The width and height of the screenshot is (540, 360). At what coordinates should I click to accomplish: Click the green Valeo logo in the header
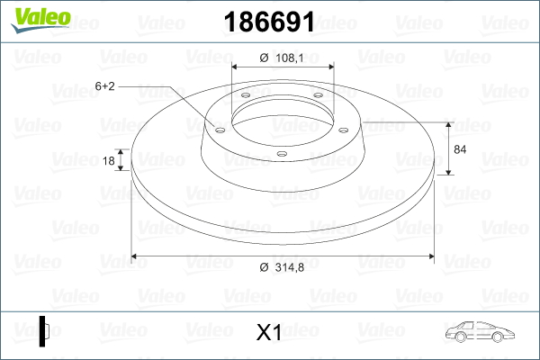(40, 20)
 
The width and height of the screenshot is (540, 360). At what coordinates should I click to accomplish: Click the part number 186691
(269, 22)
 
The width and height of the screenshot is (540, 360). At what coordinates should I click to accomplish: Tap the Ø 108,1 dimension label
(282, 58)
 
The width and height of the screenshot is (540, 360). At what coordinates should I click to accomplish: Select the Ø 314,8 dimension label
(282, 267)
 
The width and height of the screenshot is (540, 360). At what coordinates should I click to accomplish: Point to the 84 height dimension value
(460, 149)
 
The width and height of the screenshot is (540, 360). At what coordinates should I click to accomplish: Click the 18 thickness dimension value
(109, 160)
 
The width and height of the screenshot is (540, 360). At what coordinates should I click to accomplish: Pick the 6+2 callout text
(104, 86)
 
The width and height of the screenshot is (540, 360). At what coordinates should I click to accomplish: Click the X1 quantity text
(269, 332)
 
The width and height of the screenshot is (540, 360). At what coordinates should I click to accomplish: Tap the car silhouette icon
(480, 332)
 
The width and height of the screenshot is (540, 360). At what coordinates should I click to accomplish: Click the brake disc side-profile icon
(44, 331)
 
